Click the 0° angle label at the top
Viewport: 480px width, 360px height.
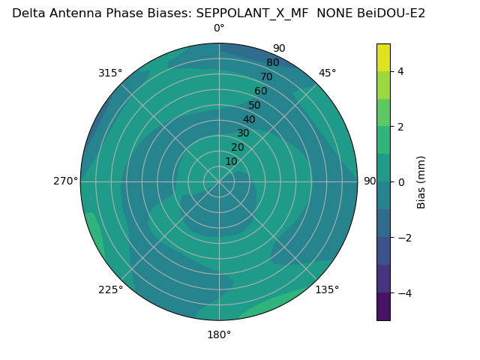click(x=219, y=28)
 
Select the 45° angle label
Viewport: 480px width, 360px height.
click(x=327, y=73)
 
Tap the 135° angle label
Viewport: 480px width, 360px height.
click(x=327, y=289)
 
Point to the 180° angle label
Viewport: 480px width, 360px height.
click(x=219, y=334)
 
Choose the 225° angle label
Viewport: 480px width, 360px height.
click(x=110, y=289)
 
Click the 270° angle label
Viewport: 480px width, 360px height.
click(x=65, y=181)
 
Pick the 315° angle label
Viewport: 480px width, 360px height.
click(x=110, y=73)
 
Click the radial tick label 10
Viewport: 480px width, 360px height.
click(x=231, y=161)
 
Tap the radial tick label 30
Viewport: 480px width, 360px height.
click(x=243, y=133)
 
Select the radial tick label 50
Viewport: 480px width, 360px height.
click(x=255, y=106)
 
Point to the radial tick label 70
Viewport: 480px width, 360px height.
click(x=266, y=77)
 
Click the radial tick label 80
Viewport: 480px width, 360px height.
click(x=272, y=63)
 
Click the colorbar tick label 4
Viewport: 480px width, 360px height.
click(x=400, y=71)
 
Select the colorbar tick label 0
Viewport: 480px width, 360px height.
click(x=400, y=181)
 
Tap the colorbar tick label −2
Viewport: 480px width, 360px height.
click(x=403, y=238)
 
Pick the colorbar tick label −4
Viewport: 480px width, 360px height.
click(x=403, y=293)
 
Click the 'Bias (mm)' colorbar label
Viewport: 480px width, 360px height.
click(x=421, y=181)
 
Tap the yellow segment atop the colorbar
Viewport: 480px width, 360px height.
click(x=383, y=58)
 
